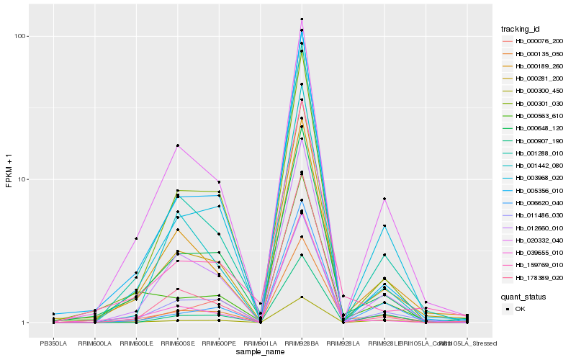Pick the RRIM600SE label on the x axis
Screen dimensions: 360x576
coord(177,343)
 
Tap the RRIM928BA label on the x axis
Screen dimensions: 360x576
coord(302,343)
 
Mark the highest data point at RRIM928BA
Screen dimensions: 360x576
coord(302,19)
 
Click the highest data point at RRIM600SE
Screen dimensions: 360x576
coord(177,145)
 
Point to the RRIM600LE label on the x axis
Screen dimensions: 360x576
coord(135,343)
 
